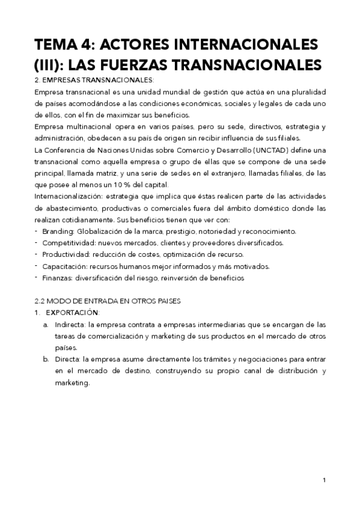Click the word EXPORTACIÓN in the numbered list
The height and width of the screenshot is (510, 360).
pyautogui.click(x=72, y=312)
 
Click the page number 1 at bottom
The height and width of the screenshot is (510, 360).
pyautogui.click(x=324, y=480)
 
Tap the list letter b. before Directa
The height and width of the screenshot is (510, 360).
pyautogui.click(x=46, y=359)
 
